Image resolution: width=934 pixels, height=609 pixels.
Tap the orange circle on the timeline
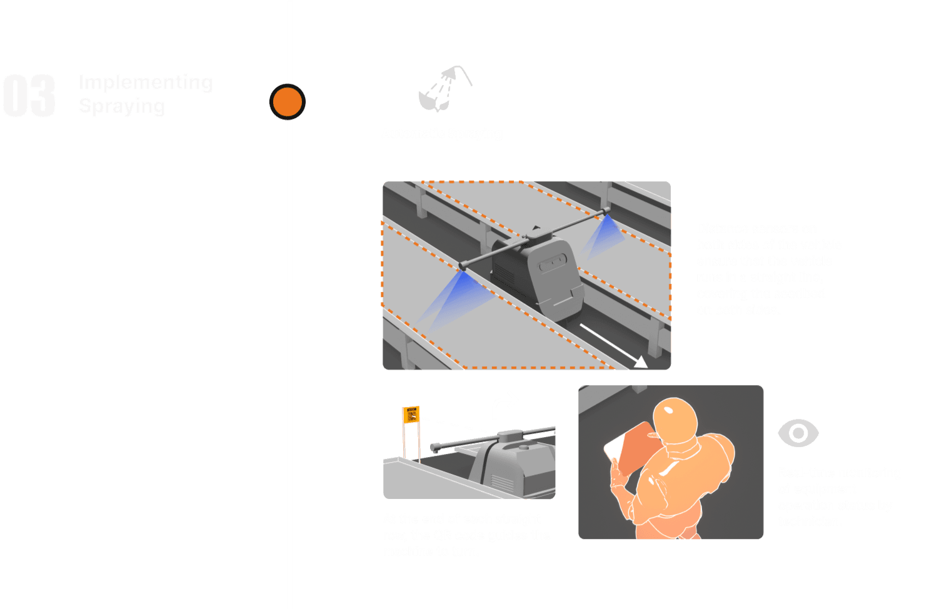pos(288,101)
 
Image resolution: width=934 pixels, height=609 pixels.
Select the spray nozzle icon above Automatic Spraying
pos(444,89)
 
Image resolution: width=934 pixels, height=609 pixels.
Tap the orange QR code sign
pos(411,415)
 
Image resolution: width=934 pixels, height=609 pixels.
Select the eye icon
pos(798,433)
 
